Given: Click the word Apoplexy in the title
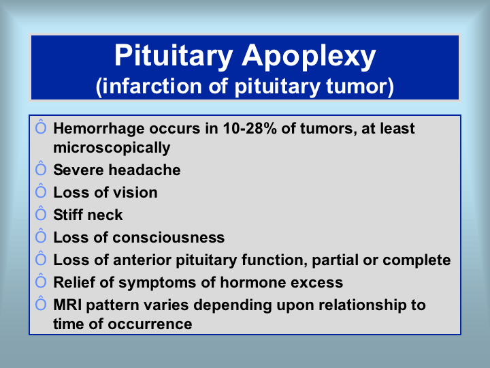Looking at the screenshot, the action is pos(309,57).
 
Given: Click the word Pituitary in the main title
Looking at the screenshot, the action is pos(174,56).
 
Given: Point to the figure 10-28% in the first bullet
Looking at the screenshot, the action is pos(250,128).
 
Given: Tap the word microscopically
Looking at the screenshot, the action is pos(112,148).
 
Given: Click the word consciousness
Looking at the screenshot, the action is pos(169,238).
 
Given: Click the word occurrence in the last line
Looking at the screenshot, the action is pos(150,324).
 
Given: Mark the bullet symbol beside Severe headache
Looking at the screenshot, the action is pos(41,168).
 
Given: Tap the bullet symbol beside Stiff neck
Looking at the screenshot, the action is pos(41,213).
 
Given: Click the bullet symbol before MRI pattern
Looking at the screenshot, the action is pos(41,303).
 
